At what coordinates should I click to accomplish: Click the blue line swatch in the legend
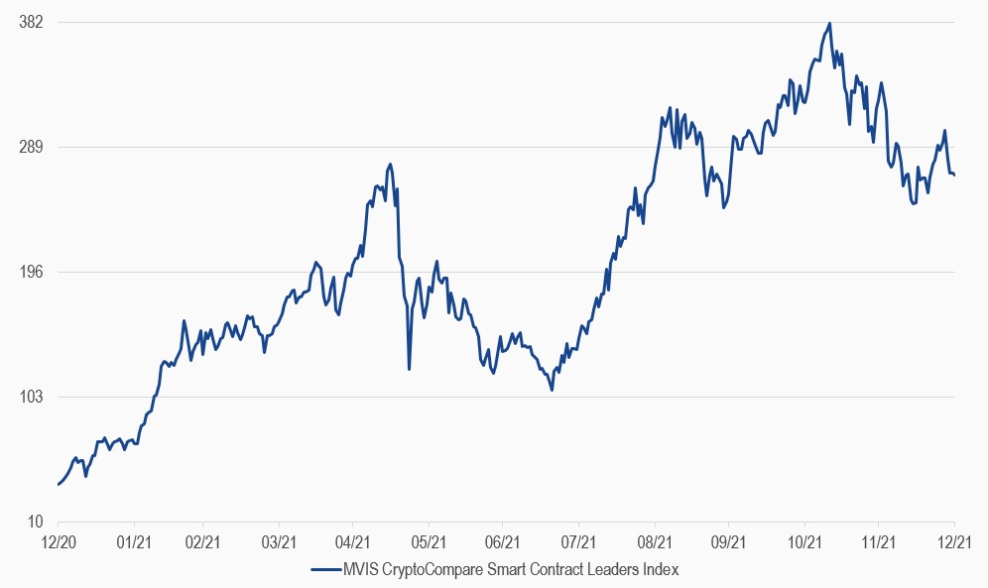(325, 569)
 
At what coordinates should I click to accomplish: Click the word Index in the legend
(660, 569)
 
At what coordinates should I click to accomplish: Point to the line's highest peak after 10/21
(829, 23)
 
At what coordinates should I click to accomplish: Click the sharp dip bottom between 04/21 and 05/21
(410, 369)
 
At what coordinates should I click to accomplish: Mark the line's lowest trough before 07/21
(552, 391)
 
